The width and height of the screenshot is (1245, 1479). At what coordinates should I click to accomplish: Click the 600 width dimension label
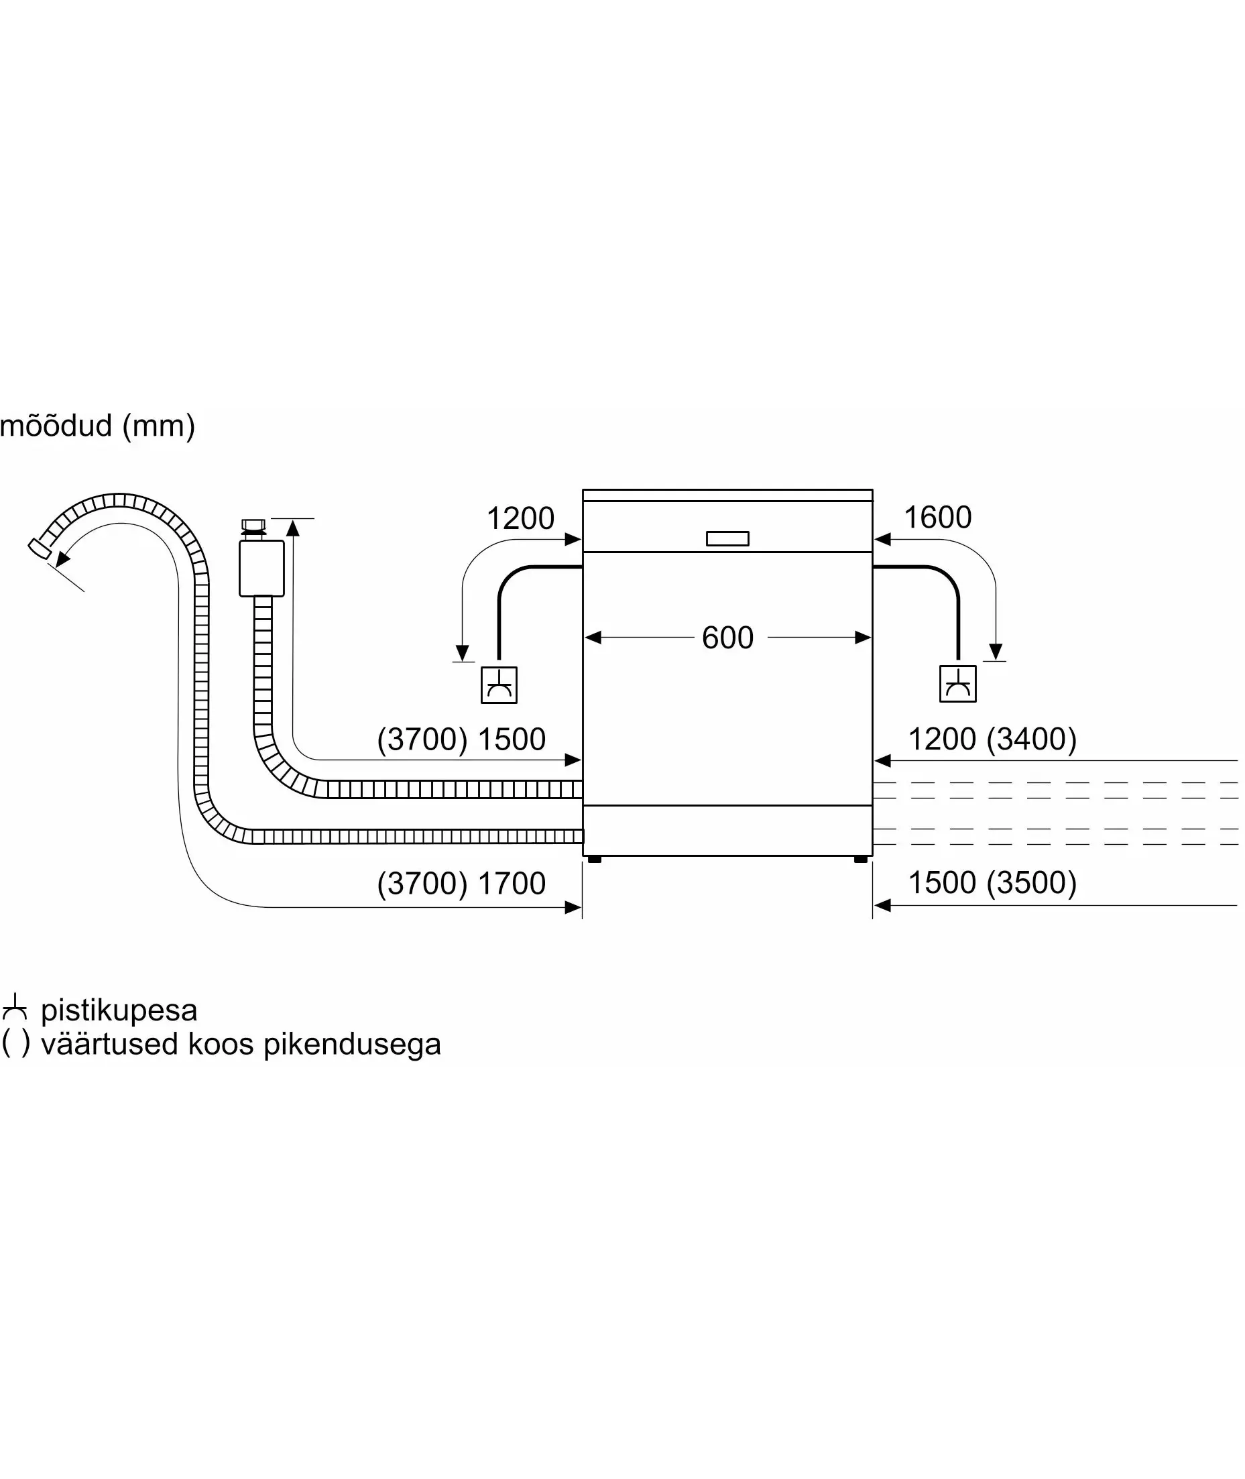pyautogui.click(x=727, y=638)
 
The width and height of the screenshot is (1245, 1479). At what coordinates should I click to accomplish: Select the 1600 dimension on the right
pyautogui.click(x=937, y=517)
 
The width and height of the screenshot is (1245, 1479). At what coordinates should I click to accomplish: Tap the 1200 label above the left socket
pyautogui.click(x=520, y=519)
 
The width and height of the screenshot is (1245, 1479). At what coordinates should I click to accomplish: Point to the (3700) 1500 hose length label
pyautogui.click(x=461, y=739)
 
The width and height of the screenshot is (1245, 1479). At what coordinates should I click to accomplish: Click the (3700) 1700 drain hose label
pyautogui.click(x=461, y=884)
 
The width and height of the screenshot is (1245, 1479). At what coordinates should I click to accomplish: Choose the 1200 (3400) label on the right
pyautogui.click(x=992, y=739)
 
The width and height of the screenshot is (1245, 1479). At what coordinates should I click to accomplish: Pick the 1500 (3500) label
pyautogui.click(x=992, y=883)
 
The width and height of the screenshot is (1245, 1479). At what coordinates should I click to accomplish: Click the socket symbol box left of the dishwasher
pyautogui.click(x=499, y=685)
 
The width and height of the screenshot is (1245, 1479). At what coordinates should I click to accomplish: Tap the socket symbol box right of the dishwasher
pyautogui.click(x=958, y=684)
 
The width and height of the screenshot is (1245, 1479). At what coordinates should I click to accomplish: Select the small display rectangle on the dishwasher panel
pyautogui.click(x=727, y=538)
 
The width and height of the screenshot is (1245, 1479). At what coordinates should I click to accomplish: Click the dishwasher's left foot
pyautogui.click(x=594, y=860)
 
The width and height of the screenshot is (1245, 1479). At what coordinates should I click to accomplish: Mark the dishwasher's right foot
pyautogui.click(x=860, y=860)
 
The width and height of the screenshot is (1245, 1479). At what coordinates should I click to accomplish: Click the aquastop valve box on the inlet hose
pyautogui.click(x=262, y=568)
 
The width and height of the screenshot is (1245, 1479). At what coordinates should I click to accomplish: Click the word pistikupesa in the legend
pyautogui.click(x=119, y=1010)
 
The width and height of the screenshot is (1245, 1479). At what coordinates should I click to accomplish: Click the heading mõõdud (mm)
pyautogui.click(x=97, y=426)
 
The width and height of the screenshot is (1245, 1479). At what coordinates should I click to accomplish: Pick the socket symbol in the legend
pyautogui.click(x=14, y=1008)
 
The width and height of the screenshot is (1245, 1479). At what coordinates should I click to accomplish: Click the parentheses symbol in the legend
pyautogui.click(x=15, y=1044)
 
